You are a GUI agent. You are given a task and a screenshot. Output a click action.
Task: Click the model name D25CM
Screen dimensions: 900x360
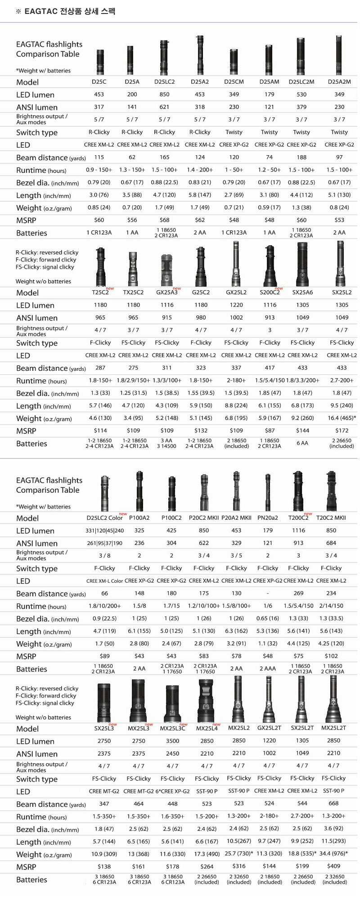tap(234, 82)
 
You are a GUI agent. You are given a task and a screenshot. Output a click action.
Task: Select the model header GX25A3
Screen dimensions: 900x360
tap(167, 292)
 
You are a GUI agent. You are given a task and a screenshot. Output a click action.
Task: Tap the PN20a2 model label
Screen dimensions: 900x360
tap(268, 518)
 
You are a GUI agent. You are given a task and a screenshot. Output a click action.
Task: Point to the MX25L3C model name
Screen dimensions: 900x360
tap(172, 729)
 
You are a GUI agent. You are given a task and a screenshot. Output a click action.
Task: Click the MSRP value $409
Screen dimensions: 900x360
tap(334, 866)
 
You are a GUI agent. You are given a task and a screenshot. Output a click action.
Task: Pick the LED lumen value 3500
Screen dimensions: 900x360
tap(172, 741)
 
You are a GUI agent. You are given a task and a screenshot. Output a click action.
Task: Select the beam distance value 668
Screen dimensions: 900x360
tap(334, 804)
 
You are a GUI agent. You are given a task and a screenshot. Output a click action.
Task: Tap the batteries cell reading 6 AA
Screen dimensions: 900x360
tap(302, 443)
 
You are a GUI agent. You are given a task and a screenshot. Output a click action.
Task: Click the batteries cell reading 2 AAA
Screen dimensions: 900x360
tap(268, 669)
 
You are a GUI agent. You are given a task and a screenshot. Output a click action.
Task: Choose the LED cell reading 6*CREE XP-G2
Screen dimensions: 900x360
tap(172, 791)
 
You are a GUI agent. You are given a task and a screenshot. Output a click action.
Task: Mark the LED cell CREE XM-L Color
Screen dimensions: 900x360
tap(105, 581)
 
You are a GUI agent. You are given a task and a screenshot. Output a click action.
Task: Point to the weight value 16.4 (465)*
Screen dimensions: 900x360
tap(342, 418)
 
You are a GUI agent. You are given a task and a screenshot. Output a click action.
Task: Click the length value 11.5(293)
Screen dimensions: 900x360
tap(334, 841)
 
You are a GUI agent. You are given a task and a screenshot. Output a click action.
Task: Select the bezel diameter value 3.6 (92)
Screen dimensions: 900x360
tap(334, 828)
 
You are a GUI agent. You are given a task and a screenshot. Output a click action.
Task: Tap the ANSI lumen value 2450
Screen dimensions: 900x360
tap(172, 753)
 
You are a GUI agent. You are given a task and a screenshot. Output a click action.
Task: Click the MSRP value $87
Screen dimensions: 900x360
tap(270, 431)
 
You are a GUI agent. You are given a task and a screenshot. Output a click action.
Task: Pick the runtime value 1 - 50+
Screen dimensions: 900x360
tap(234, 170)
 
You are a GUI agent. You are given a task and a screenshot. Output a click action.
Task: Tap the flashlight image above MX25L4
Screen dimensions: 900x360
tap(206, 701)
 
